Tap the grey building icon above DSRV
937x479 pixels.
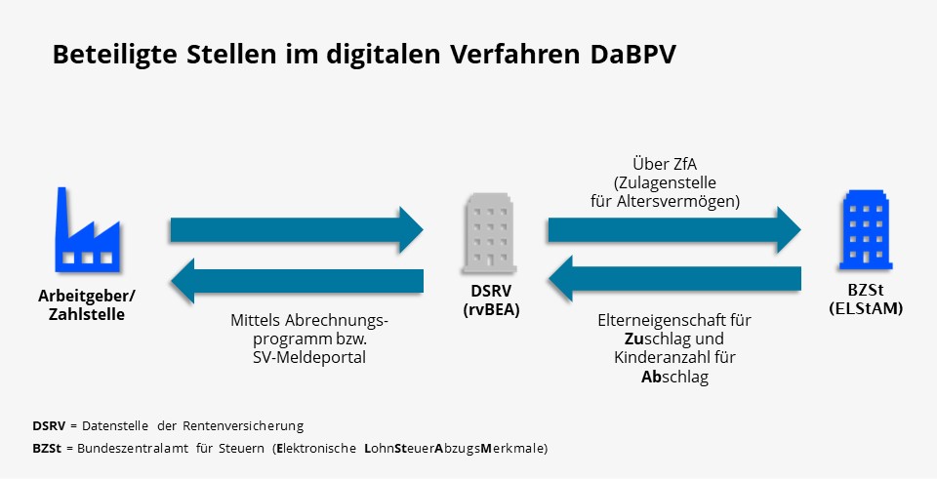pyautogui.click(x=487, y=232)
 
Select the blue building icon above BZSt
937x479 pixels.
pyautogui.click(x=865, y=230)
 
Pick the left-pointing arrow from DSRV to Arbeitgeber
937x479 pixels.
pyautogui.click(x=297, y=282)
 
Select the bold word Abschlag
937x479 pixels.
pyautogui.click(x=674, y=377)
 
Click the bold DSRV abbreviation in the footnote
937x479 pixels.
pyautogui.click(x=49, y=426)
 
